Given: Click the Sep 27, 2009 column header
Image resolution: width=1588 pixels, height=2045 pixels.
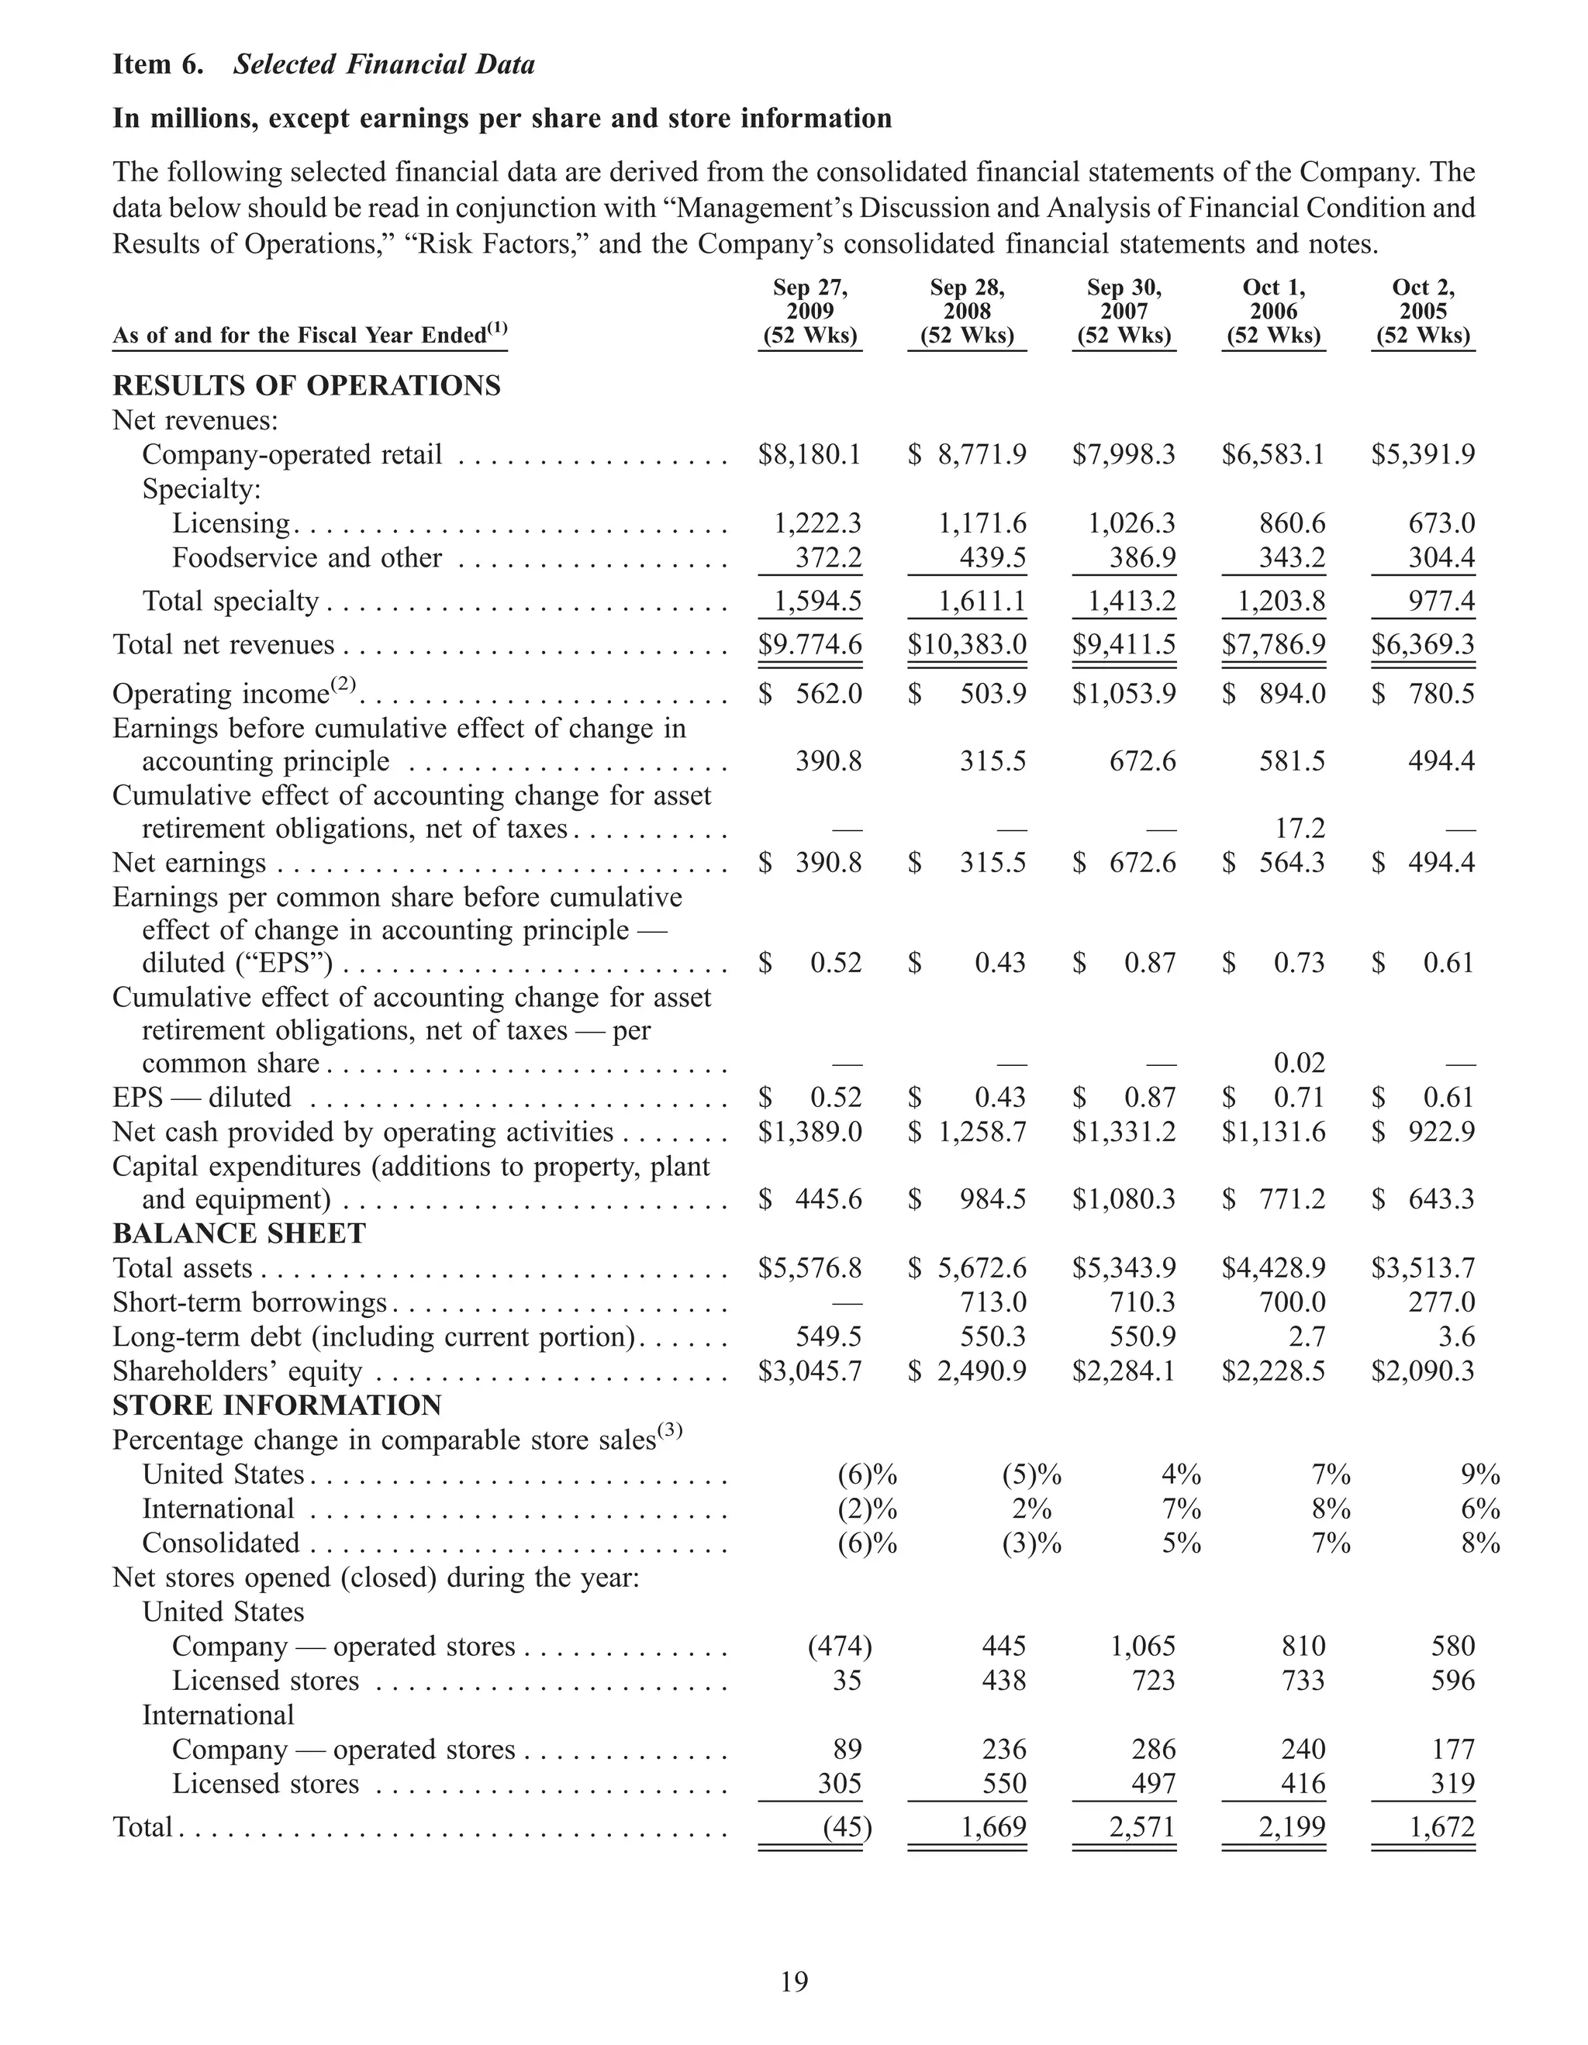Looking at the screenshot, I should tap(810, 312).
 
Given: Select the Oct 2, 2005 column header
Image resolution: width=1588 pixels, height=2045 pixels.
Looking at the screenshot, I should tap(1423, 312).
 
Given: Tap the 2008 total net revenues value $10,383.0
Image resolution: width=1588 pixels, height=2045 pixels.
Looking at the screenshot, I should tap(967, 645).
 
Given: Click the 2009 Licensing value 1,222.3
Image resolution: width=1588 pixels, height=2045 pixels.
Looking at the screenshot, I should tap(817, 523).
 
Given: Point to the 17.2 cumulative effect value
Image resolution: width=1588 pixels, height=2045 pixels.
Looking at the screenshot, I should tap(1300, 829).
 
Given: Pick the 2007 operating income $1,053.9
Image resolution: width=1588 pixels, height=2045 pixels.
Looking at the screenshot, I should tap(1124, 695).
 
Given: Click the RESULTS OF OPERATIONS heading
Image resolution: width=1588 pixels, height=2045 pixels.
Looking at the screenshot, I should tap(306, 386).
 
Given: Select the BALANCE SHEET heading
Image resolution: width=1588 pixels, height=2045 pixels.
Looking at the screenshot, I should tap(239, 1234).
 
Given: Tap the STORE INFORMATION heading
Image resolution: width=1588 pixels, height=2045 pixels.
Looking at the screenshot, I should tap(277, 1405).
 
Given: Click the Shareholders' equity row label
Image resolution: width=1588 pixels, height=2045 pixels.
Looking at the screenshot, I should tap(237, 1372).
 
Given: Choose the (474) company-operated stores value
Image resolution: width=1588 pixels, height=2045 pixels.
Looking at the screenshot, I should tap(839, 1646).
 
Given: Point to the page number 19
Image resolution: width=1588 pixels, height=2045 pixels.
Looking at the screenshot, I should tap(794, 1981).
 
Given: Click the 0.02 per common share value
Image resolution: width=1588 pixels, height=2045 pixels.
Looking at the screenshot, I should tap(1300, 1064).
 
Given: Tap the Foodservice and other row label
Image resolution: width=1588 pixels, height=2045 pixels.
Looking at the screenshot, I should tap(306, 558).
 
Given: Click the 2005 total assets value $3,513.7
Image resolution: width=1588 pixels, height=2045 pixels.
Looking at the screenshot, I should tap(1423, 1269).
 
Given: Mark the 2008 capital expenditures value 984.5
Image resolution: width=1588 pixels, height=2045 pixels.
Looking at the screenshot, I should tap(992, 1199).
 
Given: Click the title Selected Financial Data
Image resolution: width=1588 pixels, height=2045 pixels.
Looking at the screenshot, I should tap(384, 64).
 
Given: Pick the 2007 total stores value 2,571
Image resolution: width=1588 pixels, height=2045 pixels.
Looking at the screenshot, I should tap(1142, 1827).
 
